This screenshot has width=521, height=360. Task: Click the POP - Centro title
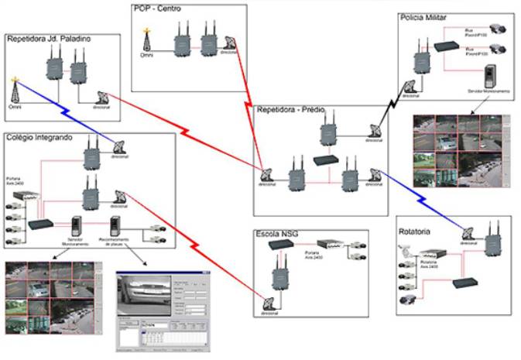(159, 9)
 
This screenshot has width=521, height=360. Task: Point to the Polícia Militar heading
(423, 17)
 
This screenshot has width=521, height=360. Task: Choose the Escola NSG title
(277, 233)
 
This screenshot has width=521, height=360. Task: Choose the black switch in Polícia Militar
(447, 46)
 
